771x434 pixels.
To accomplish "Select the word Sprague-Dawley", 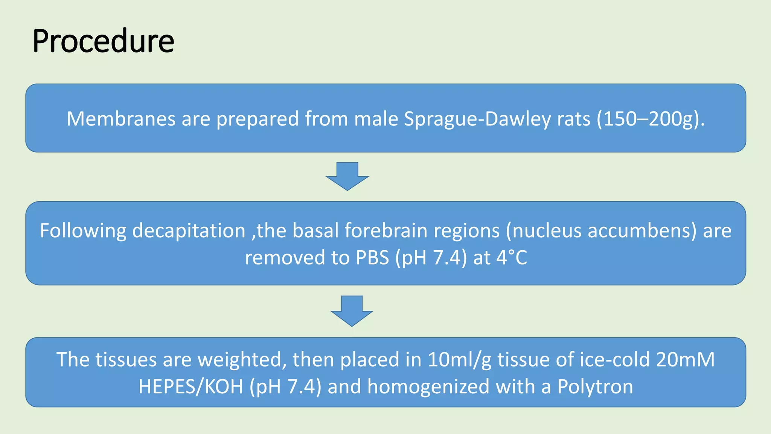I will [x=477, y=119].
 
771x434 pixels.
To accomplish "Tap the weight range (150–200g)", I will [x=651, y=119].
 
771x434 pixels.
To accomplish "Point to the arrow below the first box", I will [x=347, y=176].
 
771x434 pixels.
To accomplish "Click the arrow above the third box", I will [x=352, y=310].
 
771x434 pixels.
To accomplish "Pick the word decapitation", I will [x=189, y=231].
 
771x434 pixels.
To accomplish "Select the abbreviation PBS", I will [x=372, y=258].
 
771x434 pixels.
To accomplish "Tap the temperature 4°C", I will [x=512, y=258].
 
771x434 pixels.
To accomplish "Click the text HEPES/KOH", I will [x=190, y=387].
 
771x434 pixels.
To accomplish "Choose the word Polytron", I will [x=595, y=387].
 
